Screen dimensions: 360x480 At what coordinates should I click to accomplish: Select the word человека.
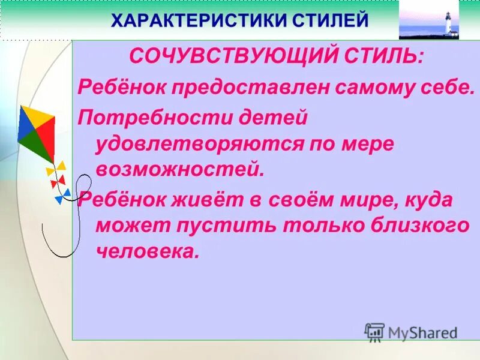[x=146, y=252]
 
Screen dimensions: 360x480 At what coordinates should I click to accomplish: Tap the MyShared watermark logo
[x=411, y=332]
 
